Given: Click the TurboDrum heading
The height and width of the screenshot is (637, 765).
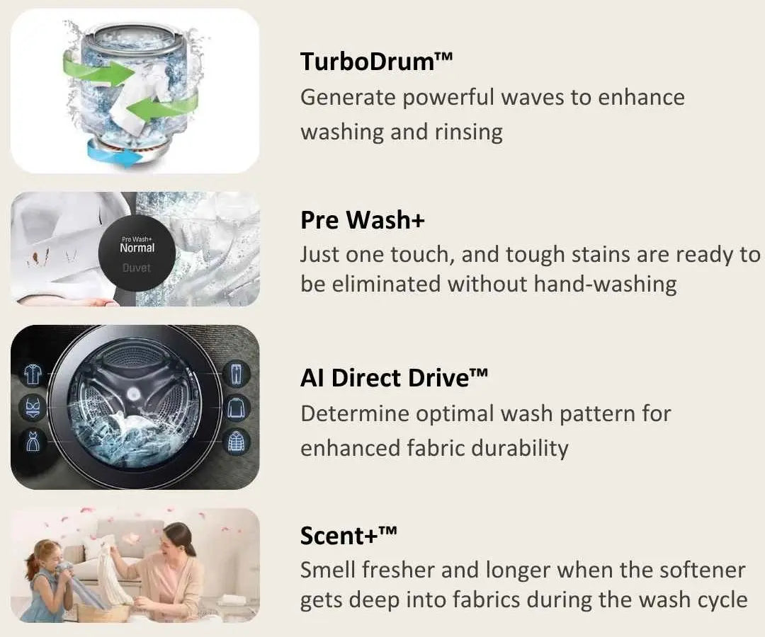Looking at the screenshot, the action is pos(376,62).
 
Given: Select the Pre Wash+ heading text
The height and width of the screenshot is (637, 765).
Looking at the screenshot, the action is pos(363,219).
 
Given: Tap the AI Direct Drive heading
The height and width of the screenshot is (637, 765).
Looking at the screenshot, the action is pos(394,378).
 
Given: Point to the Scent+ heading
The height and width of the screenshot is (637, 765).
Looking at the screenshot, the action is pos(348,536).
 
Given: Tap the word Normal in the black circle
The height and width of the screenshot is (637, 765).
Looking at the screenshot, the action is pos(137,248).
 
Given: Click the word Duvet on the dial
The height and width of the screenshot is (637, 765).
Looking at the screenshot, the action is pos(137,268).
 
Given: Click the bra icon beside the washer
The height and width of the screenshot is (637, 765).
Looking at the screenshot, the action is pos(33,408).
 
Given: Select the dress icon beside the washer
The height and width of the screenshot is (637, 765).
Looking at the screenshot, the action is pos(33,441).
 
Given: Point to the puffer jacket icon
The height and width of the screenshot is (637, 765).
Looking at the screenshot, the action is pos(237,442).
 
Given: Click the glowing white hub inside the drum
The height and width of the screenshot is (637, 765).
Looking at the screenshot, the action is pos(132,394).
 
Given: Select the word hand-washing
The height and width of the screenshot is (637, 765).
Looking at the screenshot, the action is pos(605,284).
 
